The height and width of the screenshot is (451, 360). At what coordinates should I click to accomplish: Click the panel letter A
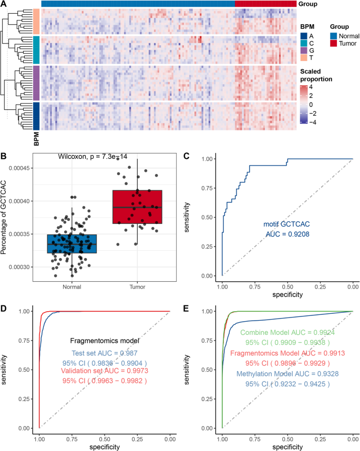(5, 4)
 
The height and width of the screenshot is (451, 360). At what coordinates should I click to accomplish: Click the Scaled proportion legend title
(317, 75)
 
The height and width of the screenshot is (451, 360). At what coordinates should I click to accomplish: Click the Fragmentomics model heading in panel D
(105, 341)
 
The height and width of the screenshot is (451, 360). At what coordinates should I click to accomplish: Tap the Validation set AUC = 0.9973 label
(105, 371)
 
